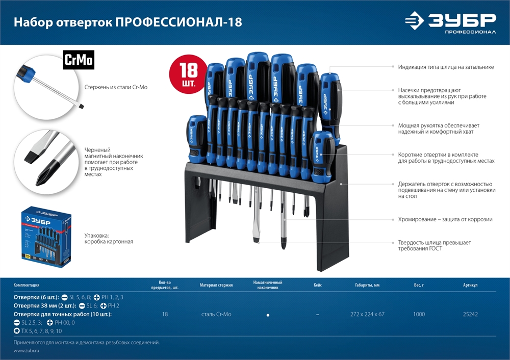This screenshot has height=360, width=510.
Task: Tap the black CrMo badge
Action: tap(79, 60)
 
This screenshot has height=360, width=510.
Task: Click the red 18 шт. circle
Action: tap(188, 75)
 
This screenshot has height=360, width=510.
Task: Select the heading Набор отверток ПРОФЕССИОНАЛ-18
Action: tap(127, 22)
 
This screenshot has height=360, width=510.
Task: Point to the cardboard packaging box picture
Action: tap(46, 234)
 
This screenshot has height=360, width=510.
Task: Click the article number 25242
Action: tap(470, 314)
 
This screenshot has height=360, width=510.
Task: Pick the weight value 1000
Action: tap(419, 314)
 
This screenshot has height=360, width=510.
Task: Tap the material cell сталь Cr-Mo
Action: tap(216, 314)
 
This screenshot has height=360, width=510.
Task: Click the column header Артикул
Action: tap(470, 285)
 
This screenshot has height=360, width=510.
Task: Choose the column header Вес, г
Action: tap(419, 285)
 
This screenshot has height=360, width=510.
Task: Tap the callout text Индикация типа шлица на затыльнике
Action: tap(446, 67)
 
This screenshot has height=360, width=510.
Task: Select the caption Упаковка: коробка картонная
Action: tap(109, 238)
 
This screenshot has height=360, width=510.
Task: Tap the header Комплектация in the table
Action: tap(27, 285)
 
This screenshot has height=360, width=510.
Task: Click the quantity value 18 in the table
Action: tap(165, 314)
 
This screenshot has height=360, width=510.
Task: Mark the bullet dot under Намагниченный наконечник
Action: tap(268, 315)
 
